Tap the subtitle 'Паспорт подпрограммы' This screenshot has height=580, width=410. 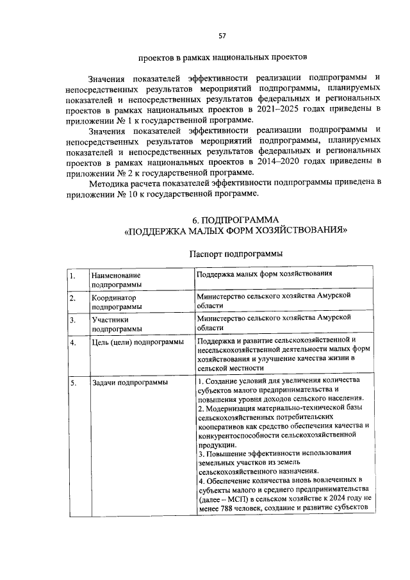click(236, 254)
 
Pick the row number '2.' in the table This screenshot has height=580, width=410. click(74, 298)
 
